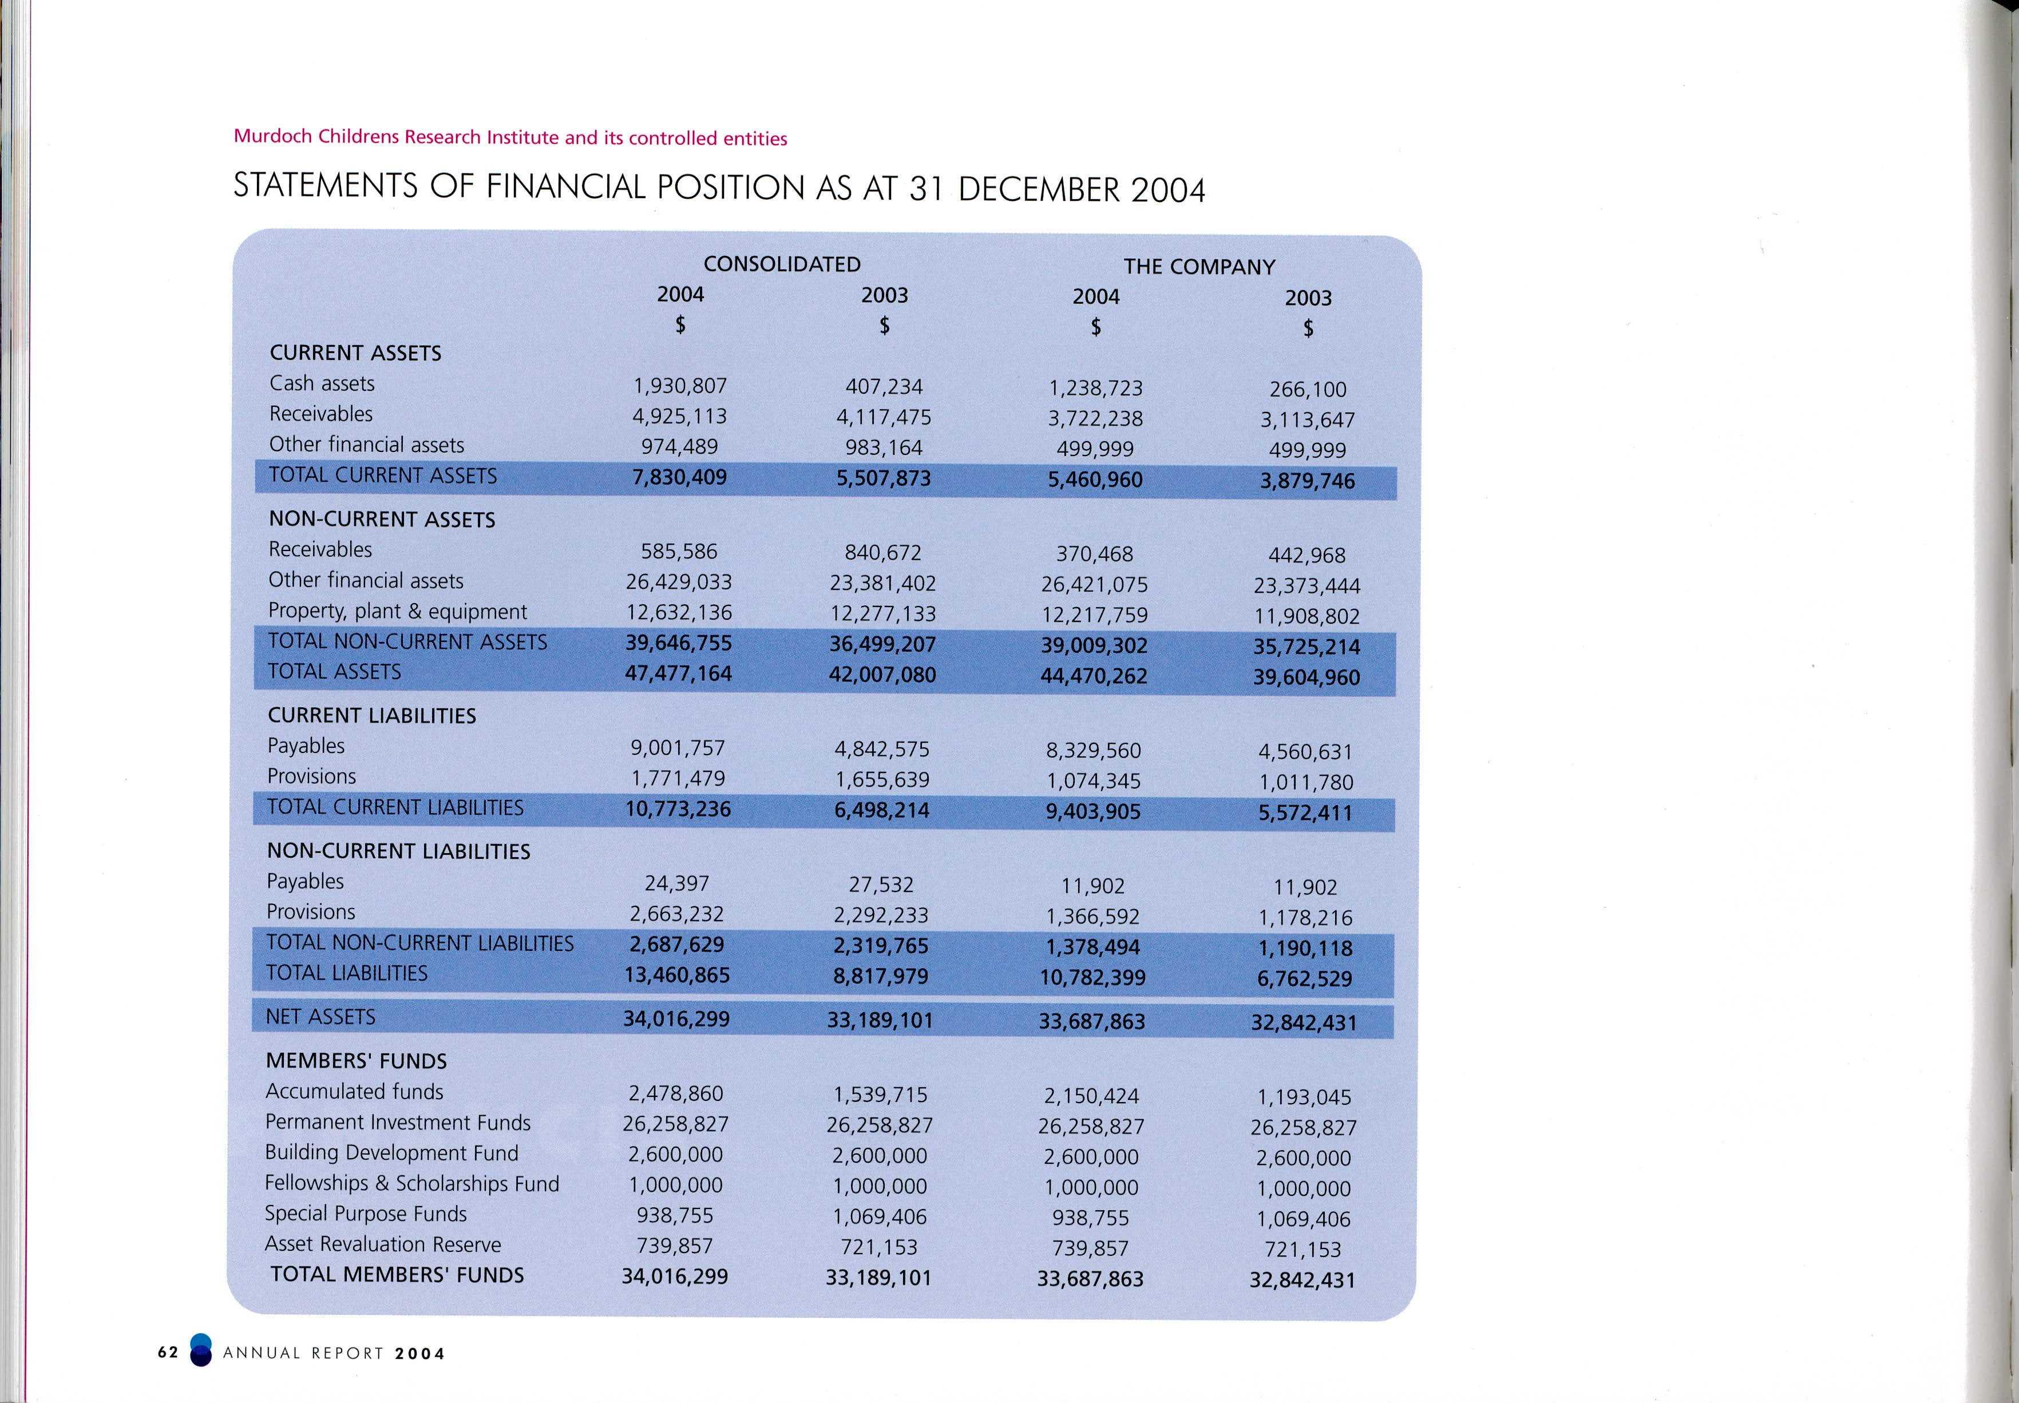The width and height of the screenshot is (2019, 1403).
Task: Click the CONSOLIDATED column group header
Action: tap(781, 264)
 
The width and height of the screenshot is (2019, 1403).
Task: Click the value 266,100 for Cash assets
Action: tap(1307, 390)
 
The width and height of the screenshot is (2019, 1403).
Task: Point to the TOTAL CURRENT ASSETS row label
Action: tap(382, 475)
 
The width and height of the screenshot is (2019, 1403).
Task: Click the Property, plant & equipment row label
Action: tap(397, 612)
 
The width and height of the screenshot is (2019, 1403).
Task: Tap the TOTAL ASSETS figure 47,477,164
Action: tap(678, 673)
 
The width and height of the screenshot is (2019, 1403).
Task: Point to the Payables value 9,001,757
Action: tap(678, 748)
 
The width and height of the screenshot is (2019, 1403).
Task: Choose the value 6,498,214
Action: tap(882, 810)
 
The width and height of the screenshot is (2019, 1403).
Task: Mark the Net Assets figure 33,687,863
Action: tap(1092, 1021)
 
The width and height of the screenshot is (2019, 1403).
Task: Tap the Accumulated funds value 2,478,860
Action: tap(675, 1093)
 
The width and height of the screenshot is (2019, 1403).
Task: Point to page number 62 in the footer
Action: tap(168, 1353)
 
